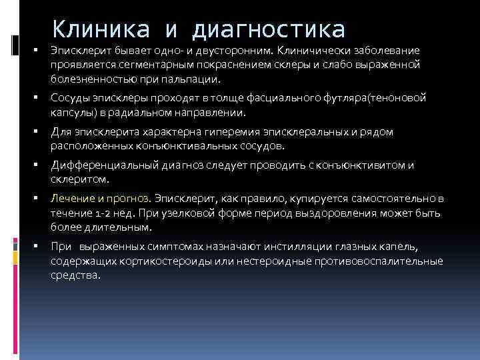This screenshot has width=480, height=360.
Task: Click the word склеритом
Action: pyautogui.click(x=78, y=179)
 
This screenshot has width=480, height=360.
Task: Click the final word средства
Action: pyautogui.click(x=75, y=274)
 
